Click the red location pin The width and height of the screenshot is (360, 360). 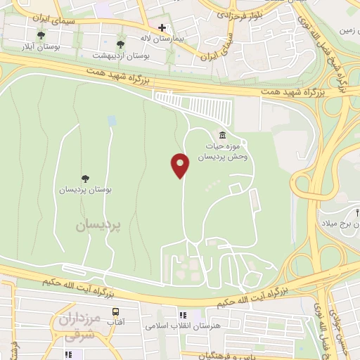coord(181,165)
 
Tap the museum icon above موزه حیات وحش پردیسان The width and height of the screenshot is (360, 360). coord(222,135)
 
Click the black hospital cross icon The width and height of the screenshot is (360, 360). coord(162,28)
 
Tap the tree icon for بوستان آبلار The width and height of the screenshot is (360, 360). coord(41,35)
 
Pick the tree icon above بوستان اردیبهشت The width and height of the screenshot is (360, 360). coord(121,44)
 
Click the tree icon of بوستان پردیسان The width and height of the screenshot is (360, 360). coord(86,179)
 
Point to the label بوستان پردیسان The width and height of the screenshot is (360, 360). coord(86,190)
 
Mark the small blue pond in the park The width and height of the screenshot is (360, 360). coord(112,121)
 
